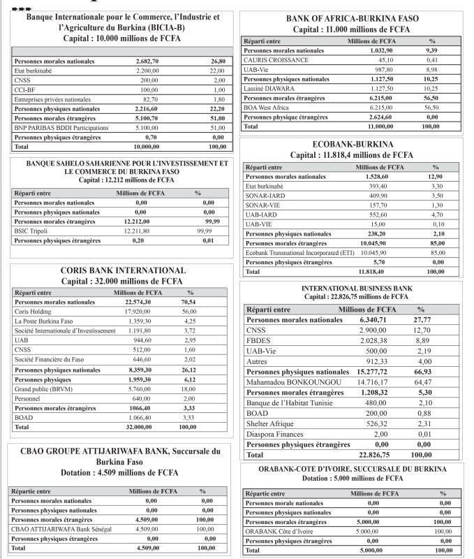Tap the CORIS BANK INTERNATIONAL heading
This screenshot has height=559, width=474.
coord(122,270)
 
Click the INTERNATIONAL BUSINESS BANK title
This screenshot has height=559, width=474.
coord(357,288)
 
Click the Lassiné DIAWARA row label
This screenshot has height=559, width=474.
coord(270,89)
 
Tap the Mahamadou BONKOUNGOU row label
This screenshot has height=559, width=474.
coord(294,383)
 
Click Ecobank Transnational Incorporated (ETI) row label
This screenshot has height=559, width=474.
coord(300,252)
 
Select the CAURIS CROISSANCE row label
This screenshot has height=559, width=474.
coord(276,60)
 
